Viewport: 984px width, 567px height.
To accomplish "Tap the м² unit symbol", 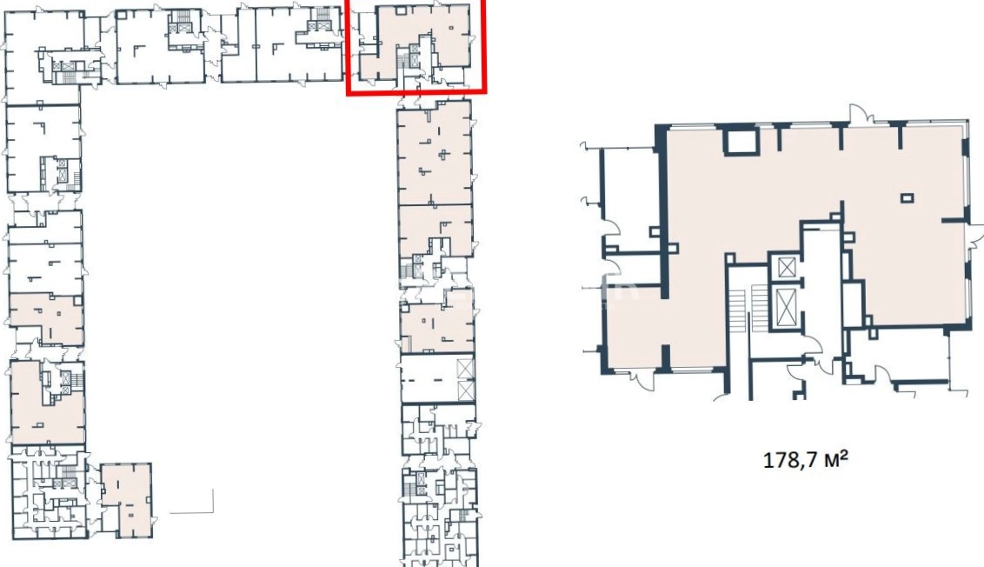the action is pyautogui.click(x=834, y=459).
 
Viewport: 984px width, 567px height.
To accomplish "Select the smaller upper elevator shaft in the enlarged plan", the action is pyautogui.click(x=787, y=267).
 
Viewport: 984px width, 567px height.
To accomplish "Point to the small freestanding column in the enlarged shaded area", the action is pyautogui.click(x=907, y=198).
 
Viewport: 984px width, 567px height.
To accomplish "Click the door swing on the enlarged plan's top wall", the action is pyautogui.click(x=861, y=114).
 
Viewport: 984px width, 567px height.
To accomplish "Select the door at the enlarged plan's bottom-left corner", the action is pyautogui.click(x=642, y=379).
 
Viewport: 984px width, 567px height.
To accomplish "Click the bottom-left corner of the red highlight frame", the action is pyautogui.click(x=349, y=93).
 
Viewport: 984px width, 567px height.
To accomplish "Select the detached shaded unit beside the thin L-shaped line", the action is pyautogui.click(x=126, y=500).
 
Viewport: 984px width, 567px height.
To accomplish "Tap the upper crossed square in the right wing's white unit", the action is pyautogui.click(x=465, y=369).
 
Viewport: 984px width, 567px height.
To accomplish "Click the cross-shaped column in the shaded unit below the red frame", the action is pyautogui.click(x=445, y=154).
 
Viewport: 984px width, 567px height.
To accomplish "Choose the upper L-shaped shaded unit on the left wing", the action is pyautogui.click(x=46, y=317).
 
